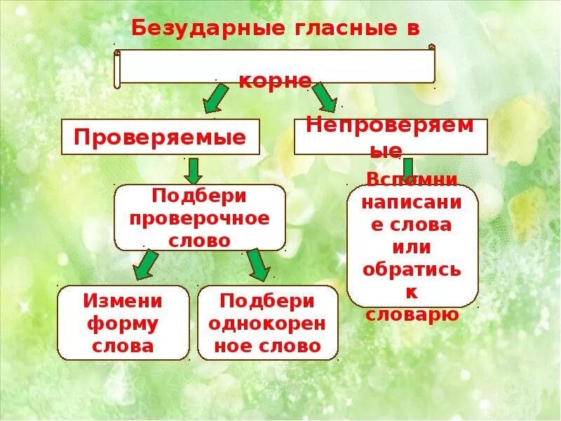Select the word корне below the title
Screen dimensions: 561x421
click(275, 81)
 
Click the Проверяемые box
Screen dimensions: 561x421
click(161, 137)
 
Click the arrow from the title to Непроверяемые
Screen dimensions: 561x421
click(324, 97)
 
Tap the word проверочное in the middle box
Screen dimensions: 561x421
click(199, 218)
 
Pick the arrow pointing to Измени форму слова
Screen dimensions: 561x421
click(146, 265)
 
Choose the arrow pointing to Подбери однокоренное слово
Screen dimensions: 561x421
click(257, 265)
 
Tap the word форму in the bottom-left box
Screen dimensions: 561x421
click(123, 323)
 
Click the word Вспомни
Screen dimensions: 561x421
click(412, 179)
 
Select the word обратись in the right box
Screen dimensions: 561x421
click(412, 269)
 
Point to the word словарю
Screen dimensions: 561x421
click(412, 314)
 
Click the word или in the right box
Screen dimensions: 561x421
click(412, 247)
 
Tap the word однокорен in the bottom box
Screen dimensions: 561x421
click(269, 323)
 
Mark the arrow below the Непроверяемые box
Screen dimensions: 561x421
click(407, 166)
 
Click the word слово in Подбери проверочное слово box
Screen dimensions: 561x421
click(199, 240)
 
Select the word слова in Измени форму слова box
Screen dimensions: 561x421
click(123, 346)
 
